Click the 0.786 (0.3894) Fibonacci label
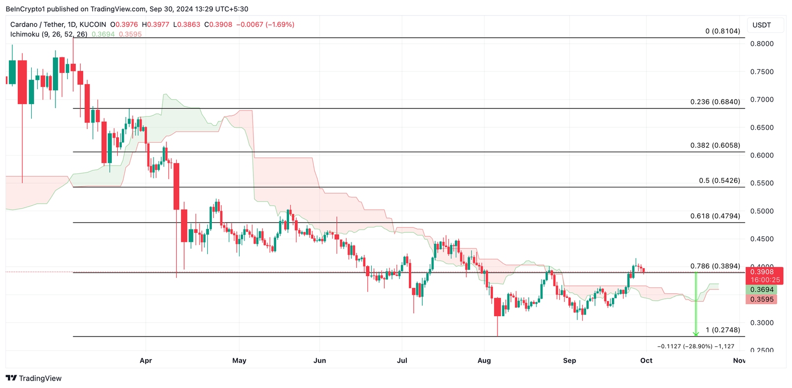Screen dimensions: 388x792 coord(715,266)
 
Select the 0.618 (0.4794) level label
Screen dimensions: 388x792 coord(715,216)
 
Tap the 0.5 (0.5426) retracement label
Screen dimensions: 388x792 coord(719,180)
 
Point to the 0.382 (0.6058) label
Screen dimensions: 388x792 coord(715,145)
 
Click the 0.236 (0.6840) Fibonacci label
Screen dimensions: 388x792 coord(715,102)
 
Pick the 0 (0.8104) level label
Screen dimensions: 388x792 coord(723,31)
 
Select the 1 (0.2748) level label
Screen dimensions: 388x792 coord(723,330)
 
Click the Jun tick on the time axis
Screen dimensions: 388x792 coord(320,360)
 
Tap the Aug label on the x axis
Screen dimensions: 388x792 coord(484,360)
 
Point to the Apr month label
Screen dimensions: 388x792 coord(146,360)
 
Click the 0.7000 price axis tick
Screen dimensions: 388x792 coord(762,100)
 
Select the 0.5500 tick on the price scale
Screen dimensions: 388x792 coord(762,183)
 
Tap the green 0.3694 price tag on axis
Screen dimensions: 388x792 coord(762,290)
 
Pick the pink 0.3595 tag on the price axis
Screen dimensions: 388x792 coord(762,299)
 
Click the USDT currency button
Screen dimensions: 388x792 coord(762,25)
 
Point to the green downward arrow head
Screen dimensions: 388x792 coord(696,333)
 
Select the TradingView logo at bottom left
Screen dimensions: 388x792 coord(34,378)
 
